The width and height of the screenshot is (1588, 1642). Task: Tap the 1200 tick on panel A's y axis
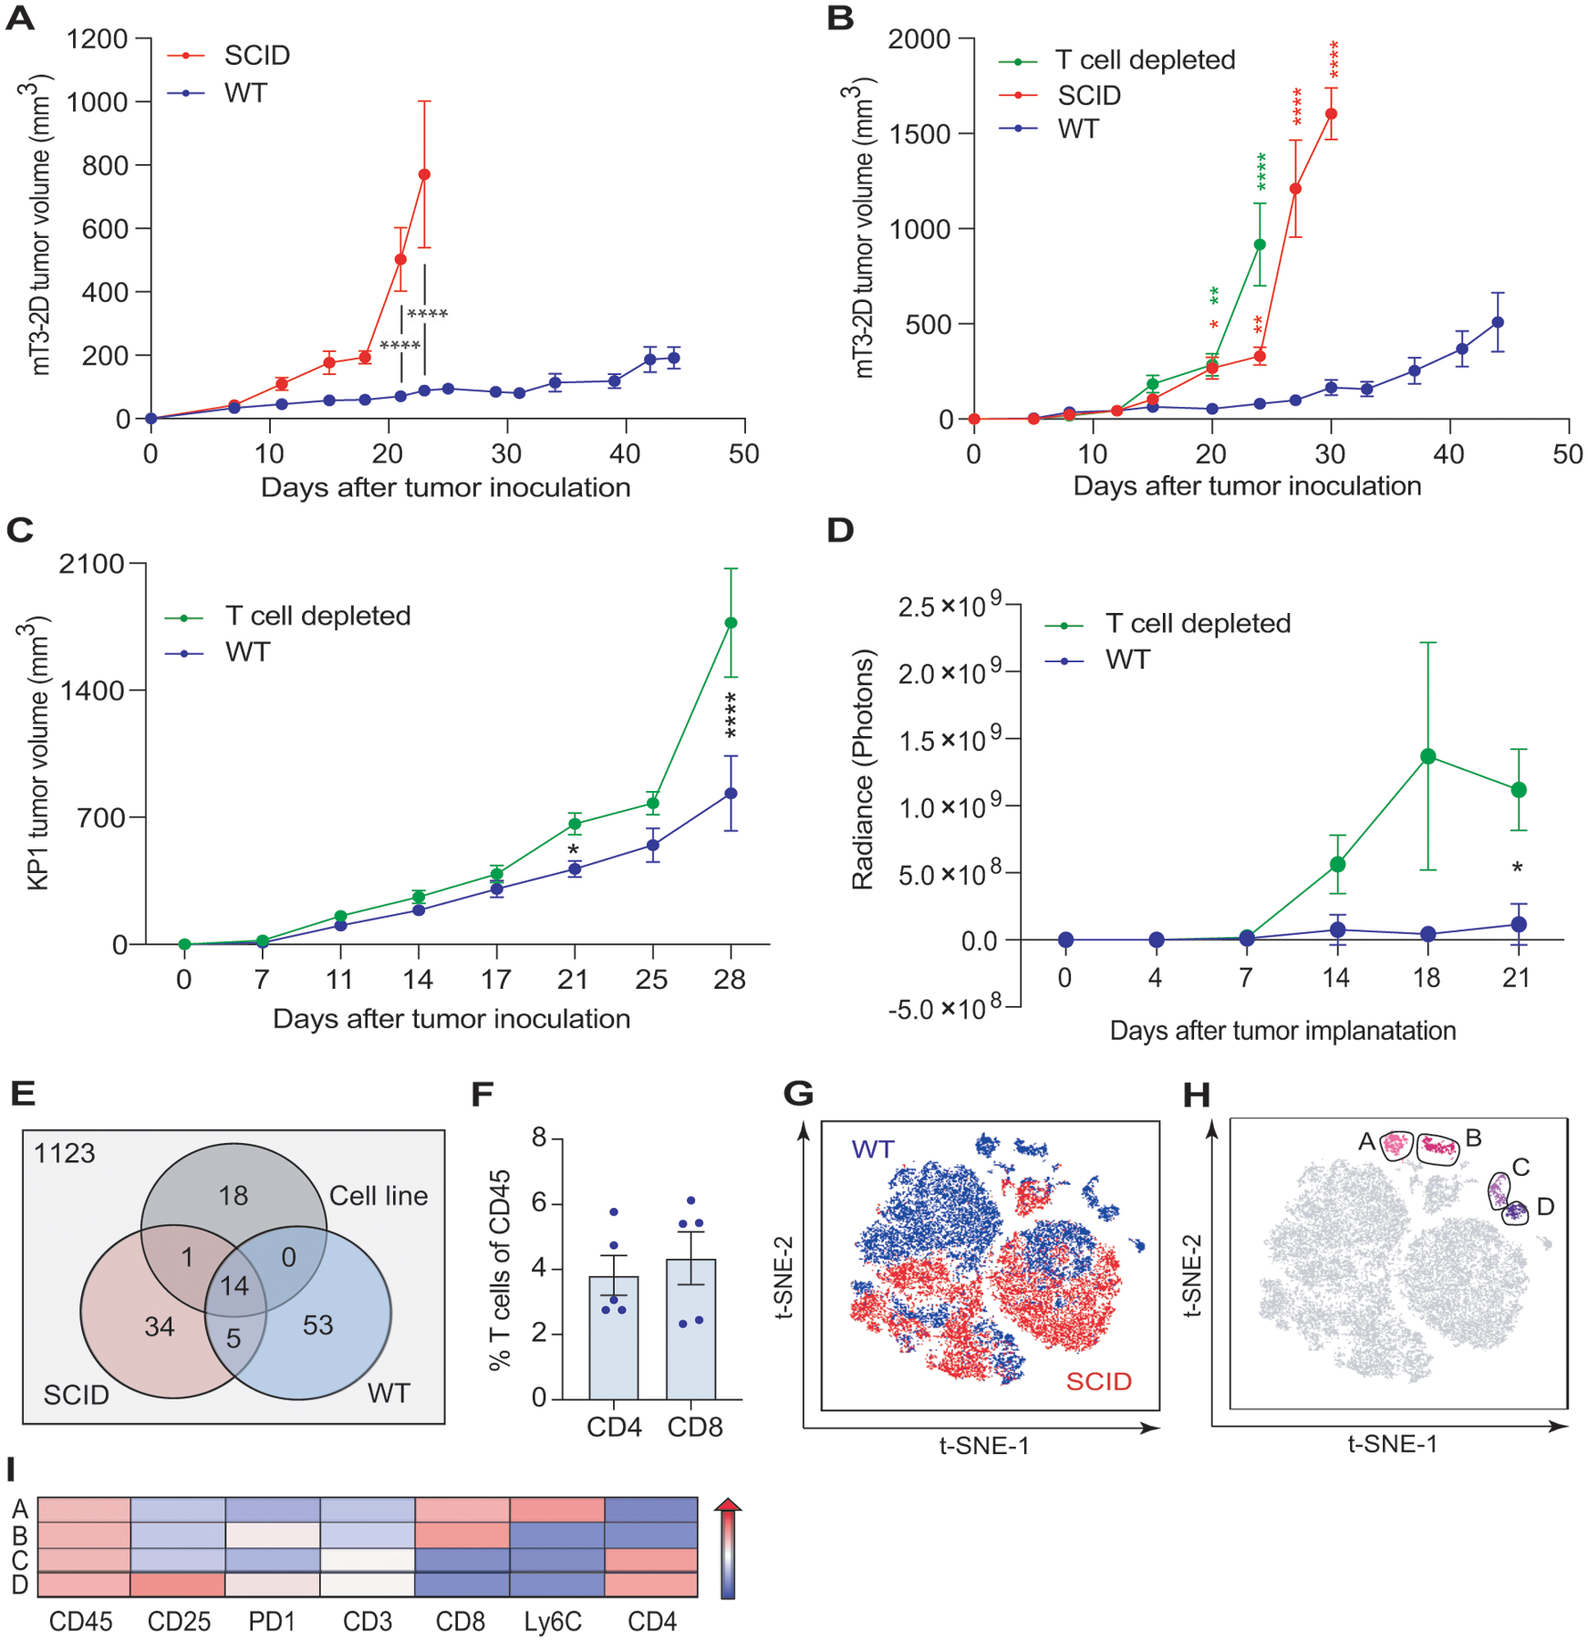[98, 39]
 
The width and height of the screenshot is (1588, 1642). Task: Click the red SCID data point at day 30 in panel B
[1331, 114]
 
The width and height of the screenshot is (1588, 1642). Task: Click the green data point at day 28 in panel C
[731, 623]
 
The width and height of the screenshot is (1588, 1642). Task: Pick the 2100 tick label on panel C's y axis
[91, 565]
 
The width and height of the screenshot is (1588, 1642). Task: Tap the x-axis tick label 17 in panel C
[495, 980]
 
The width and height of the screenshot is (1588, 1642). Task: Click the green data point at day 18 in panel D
[1428, 756]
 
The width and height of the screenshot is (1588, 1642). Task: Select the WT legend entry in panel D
[1127, 660]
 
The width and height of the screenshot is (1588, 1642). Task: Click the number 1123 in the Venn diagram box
[64, 1154]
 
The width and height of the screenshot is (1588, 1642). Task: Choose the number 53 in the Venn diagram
[317, 1325]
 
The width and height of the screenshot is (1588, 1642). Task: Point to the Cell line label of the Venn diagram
[378, 1196]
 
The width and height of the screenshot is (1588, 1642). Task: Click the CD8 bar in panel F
[691, 1328]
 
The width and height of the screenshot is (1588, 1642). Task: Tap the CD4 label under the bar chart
[614, 1427]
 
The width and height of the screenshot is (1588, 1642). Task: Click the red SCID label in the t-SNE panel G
[1098, 1381]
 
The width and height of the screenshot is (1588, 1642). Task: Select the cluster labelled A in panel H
[1395, 1145]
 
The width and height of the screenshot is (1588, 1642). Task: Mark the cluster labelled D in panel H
[1515, 1212]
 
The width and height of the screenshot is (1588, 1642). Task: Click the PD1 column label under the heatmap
[272, 1621]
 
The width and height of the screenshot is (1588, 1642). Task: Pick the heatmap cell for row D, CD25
[178, 1585]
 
